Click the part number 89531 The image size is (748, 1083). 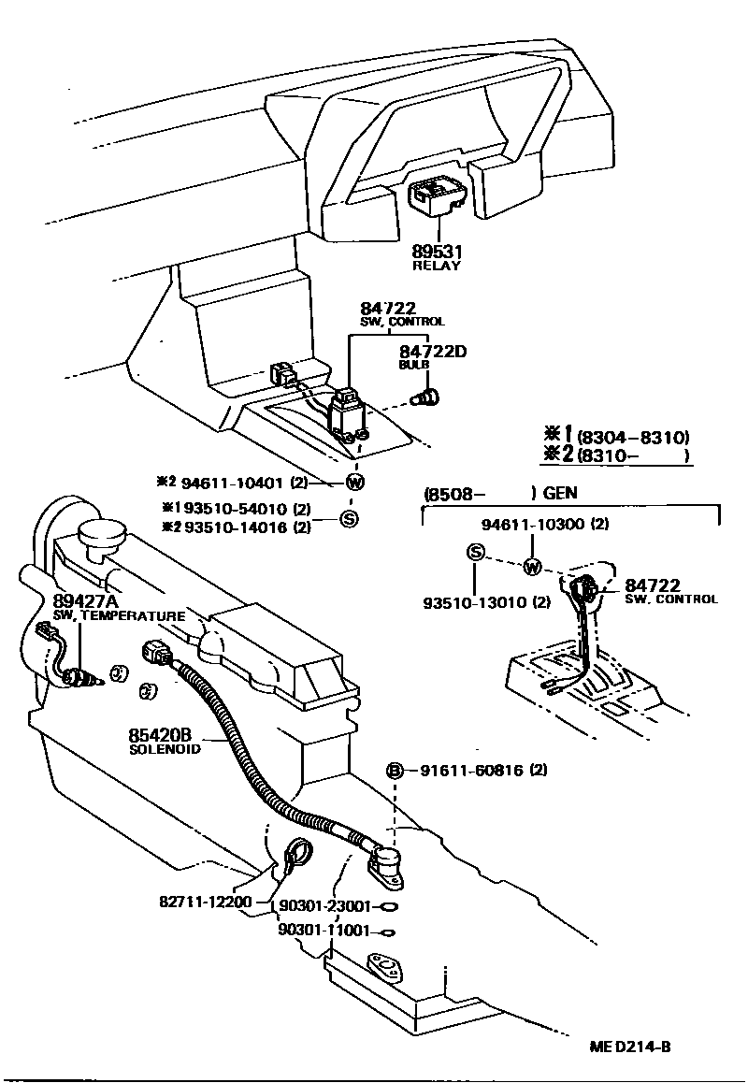(437, 252)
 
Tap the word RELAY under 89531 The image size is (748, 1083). (437, 266)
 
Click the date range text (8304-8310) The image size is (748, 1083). (632, 437)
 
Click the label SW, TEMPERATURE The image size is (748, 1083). (119, 615)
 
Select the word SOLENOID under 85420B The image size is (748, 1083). (165, 749)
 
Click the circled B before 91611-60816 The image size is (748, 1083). (396, 771)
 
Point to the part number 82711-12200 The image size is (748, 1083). (205, 902)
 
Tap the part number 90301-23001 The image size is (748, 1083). (325, 906)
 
